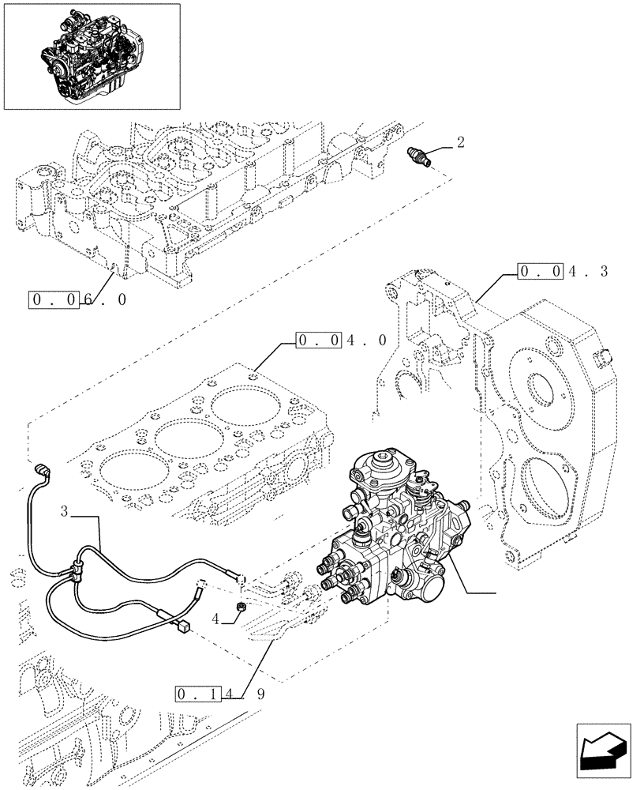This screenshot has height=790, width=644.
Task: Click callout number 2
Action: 460,143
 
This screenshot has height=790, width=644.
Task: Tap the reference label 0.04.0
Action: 341,340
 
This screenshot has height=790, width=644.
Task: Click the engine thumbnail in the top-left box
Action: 92,55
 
